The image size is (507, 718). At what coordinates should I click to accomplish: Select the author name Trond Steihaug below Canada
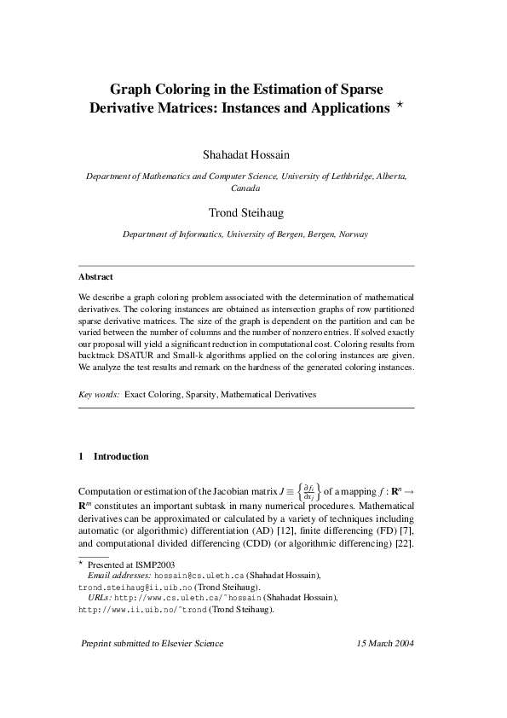coord(246,212)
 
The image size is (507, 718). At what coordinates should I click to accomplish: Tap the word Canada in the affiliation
coord(246,188)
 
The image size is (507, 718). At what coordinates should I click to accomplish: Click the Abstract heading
coord(95,277)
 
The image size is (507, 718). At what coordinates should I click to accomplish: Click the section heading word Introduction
coord(121,456)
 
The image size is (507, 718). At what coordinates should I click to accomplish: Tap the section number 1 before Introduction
coord(81,456)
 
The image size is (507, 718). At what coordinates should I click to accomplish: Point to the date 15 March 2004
coord(385,644)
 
